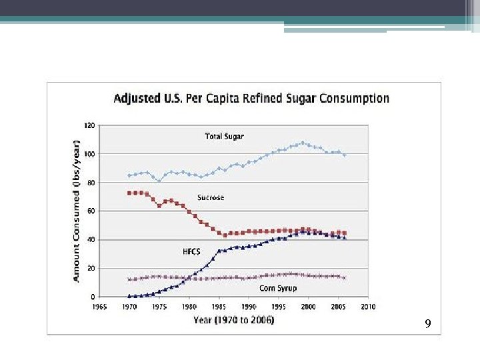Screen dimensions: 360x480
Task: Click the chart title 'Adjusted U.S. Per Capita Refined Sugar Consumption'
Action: [251, 99]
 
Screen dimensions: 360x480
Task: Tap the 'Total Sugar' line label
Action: [224, 136]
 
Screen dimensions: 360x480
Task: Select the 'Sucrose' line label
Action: [211, 197]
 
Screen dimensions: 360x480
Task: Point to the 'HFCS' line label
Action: [191, 252]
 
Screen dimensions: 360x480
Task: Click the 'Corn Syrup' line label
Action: [278, 288]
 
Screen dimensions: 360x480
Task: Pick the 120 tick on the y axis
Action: [89, 125]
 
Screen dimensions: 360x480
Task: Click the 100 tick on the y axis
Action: [89, 154]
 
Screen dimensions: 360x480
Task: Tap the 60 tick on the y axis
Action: [90, 211]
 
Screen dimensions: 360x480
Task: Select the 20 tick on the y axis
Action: [90, 268]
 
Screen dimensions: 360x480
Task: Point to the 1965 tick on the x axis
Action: [99, 307]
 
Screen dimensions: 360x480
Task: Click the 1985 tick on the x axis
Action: [219, 307]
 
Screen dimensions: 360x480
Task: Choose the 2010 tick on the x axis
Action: [368, 307]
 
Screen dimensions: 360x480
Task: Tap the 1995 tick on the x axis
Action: [279, 307]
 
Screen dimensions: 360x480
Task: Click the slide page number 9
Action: [427, 325]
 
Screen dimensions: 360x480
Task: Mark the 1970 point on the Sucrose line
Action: [129, 193]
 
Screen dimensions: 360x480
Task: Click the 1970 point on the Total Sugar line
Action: [129, 175]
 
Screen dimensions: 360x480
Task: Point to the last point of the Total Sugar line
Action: [344, 155]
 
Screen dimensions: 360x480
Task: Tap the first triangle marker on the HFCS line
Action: [129, 296]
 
